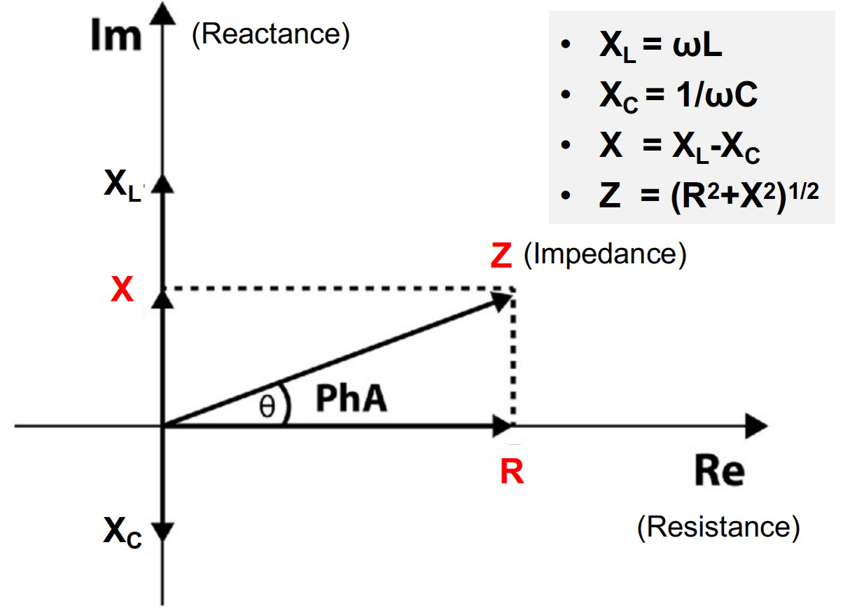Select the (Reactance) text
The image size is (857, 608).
(x=270, y=35)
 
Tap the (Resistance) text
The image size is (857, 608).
(x=718, y=527)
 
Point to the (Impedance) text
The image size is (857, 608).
(x=605, y=254)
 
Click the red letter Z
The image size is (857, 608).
(x=501, y=256)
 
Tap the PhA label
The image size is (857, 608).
(x=351, y=400)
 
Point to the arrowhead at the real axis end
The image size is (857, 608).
(x=756, y=425)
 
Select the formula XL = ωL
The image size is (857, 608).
(x=660, y=48)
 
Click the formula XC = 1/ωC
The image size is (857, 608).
(x=678, y=97)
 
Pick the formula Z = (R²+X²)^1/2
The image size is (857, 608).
(x=708, y=197)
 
